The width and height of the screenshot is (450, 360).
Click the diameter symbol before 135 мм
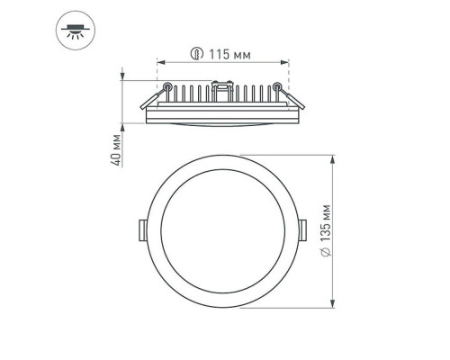point(326,258)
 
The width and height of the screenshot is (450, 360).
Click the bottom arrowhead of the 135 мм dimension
point(335,303)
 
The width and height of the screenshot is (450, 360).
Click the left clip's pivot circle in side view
point(169,86)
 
